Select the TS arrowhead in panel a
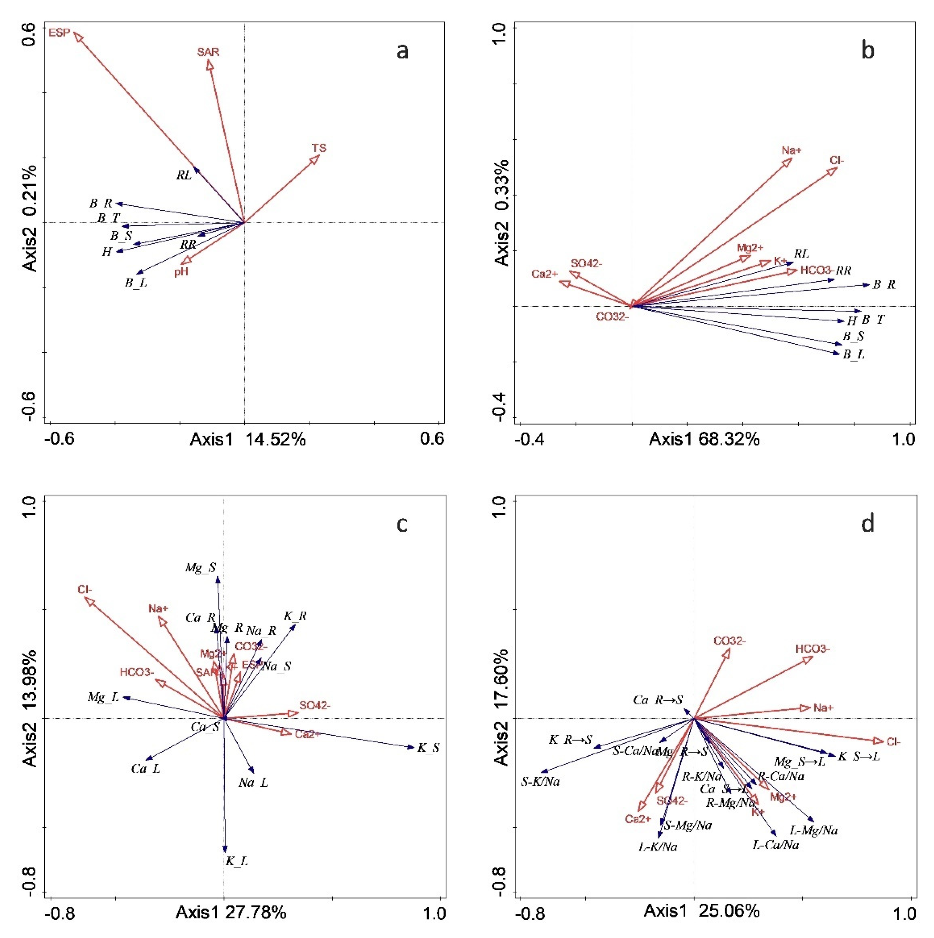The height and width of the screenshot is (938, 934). pos(316,159)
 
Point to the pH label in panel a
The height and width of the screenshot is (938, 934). pos(181,272)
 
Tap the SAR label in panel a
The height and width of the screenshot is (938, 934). pos(208,52)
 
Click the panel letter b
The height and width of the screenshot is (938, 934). pos(868,51)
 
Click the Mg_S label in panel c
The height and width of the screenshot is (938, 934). pos(201,568)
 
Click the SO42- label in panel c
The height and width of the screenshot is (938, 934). pos(314,706)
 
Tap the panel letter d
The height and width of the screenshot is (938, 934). pos(868,524)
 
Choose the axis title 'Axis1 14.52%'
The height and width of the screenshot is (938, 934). pos(247,439)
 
